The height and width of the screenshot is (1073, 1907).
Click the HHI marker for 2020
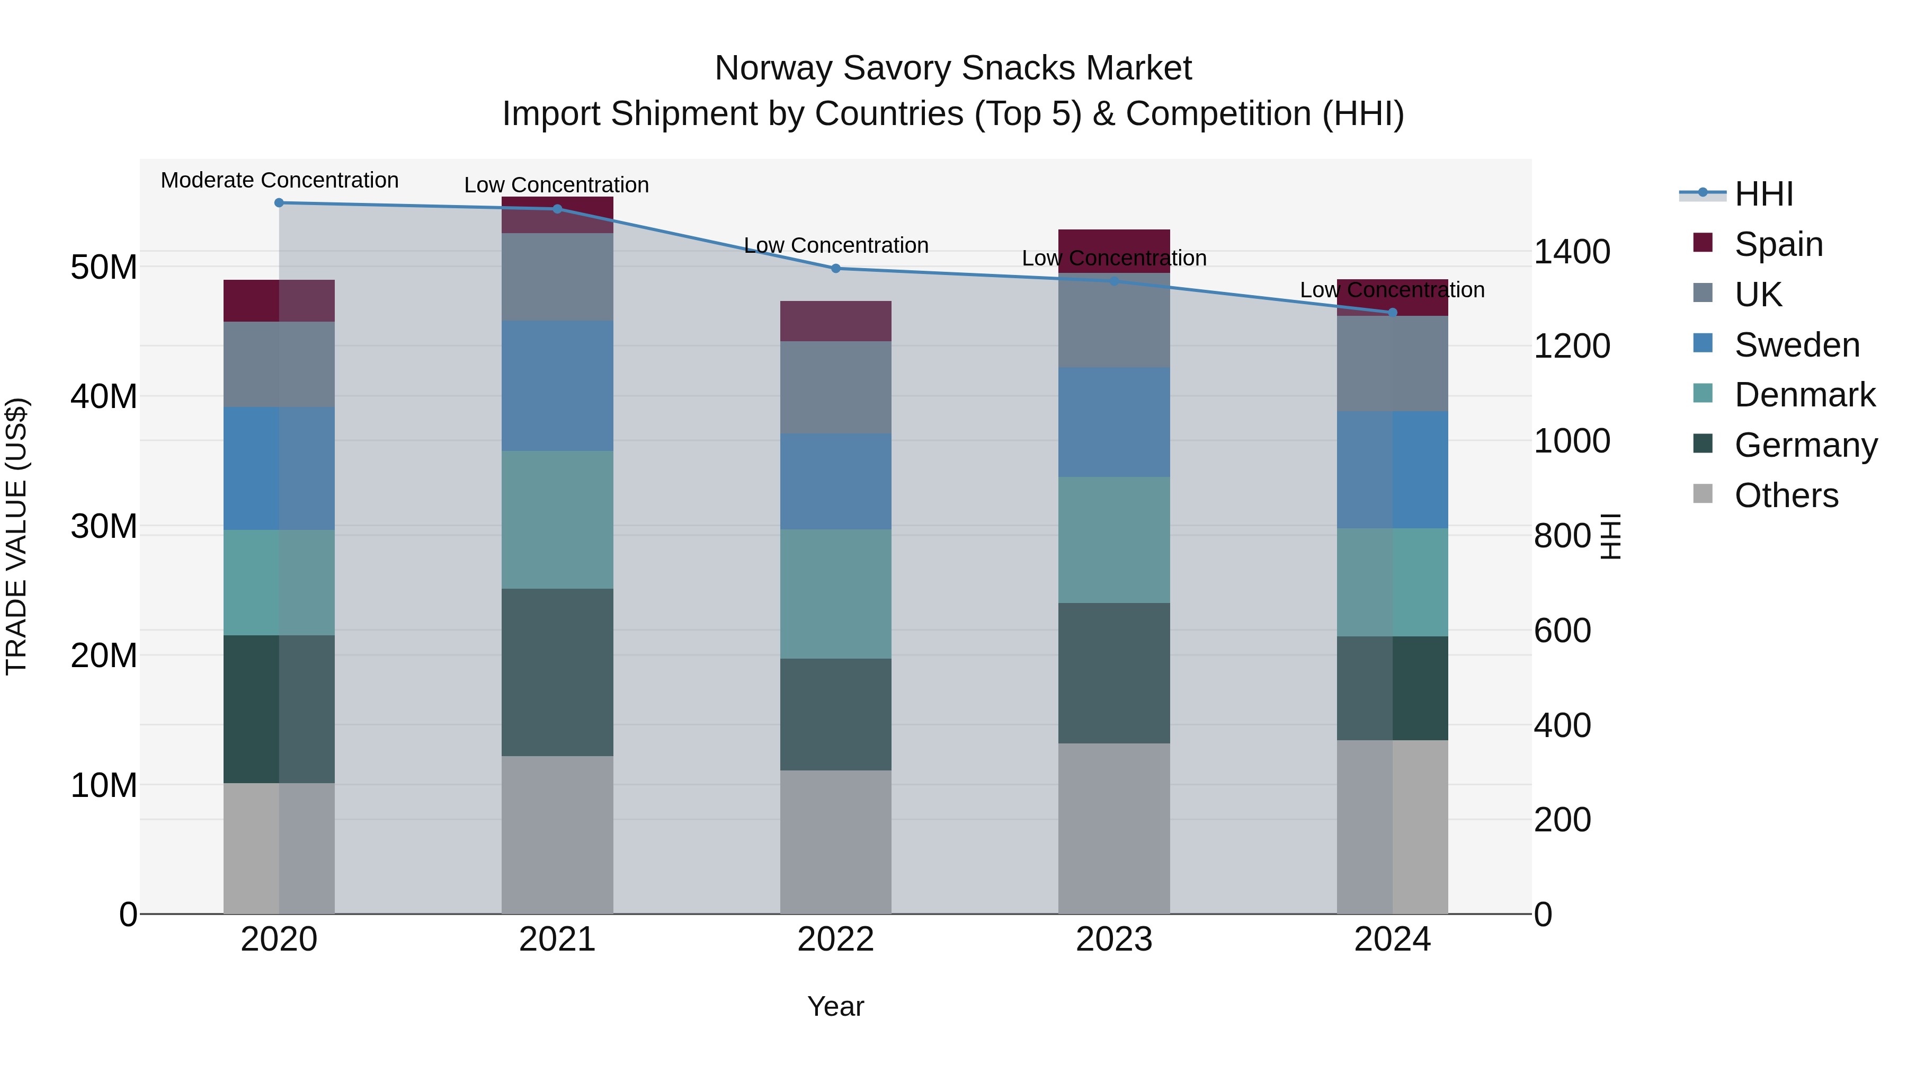click(279, 203)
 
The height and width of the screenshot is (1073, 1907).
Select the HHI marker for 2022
click(836, 268)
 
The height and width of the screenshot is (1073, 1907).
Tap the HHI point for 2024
click(1393, 313)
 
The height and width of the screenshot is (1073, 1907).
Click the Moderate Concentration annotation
click(279, 181)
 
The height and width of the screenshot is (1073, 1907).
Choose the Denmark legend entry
click(1804, 395)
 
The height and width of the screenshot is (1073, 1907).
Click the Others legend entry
click(1786, 495)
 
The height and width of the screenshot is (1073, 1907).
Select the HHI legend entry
click(1763, 194)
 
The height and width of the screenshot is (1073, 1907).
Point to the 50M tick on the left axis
click(104, 268)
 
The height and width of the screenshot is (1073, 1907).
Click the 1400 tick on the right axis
click(1572, 252)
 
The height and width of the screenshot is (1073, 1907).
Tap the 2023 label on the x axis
click(1114, 939)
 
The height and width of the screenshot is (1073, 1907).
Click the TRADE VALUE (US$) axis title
click(16, 536)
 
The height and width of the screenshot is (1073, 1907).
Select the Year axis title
click(836, 1006)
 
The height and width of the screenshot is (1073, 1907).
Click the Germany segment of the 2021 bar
click(557, 672)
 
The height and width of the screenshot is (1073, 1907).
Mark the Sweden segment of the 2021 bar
click(557, 385)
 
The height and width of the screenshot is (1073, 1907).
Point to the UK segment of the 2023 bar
click(1114, 320)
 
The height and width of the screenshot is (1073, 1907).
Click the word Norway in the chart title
click(773, 68)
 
